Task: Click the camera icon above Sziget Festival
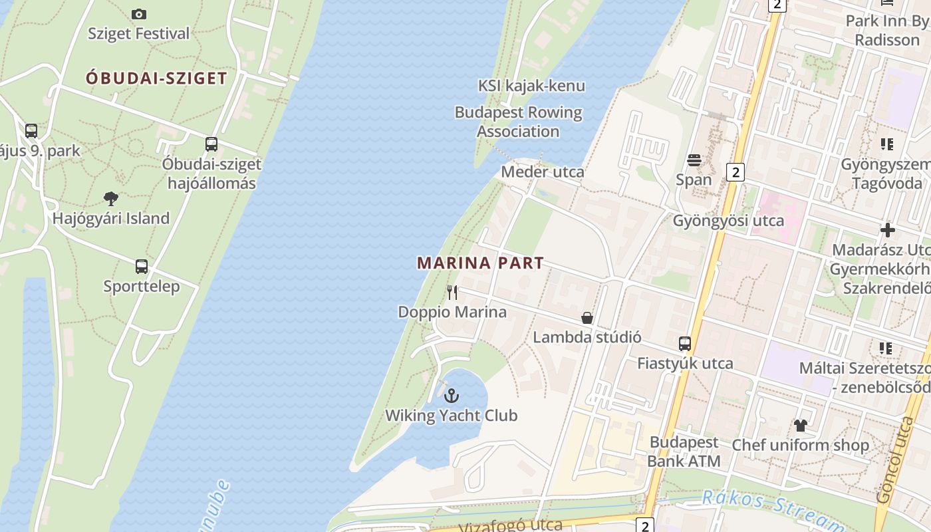coord(139,14)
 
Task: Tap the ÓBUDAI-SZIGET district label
coord(156,78)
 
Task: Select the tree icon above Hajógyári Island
coord(111,198)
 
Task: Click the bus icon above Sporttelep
coord(142,267)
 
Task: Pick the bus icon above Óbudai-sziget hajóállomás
coord(211,144)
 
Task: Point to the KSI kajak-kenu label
coord(531,86)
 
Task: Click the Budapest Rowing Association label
coord(518,122)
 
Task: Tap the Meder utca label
coord(543,172)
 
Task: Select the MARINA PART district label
coord(480,263)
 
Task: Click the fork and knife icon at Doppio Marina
coord(452,292)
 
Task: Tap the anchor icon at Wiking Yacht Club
coord(452,396)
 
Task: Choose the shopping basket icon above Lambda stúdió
coord(587,318)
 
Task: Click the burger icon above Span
coord(694,160)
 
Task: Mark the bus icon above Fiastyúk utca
coord(685,344)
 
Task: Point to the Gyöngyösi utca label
coord(728,220)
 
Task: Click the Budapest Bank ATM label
coord(684,452)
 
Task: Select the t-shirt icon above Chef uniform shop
coord(800,425)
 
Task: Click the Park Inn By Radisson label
coord(887,31)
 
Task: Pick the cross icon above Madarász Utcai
coord(888,230)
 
